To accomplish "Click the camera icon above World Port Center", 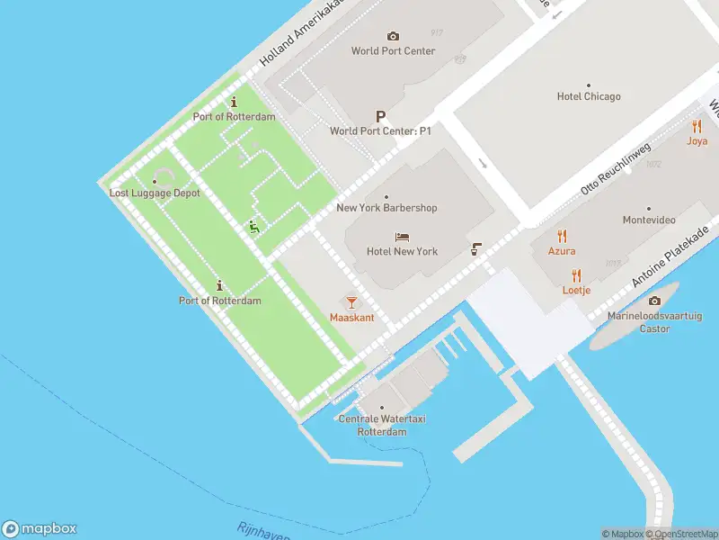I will pos(393,36).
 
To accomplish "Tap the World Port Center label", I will pos(393,51).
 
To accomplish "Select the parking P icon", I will pos(380,116).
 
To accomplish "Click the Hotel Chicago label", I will pos(589,96).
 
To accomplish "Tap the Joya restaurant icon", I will pos(697,127).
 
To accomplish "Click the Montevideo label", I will pos(649,220).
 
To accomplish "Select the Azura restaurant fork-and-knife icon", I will pos(563,237).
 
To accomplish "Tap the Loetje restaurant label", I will pos(576,290).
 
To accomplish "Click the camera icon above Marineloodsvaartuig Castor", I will pos(654,301).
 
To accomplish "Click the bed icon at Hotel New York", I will pos(403,238).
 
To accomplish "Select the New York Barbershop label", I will pos(386,208).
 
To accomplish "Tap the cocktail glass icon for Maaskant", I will pos(351,303).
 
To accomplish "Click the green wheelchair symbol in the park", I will pos(254,228).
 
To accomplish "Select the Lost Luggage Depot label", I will pos(155,193).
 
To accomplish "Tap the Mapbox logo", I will pos(40,529).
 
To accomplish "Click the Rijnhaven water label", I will pos(264,532).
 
